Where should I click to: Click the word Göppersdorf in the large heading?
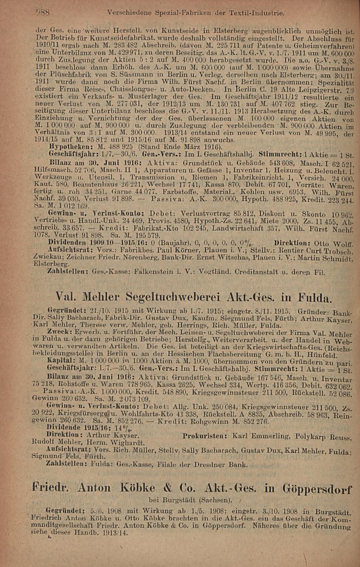(x=316, y=489)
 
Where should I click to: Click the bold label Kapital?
(x=61, y=361)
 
